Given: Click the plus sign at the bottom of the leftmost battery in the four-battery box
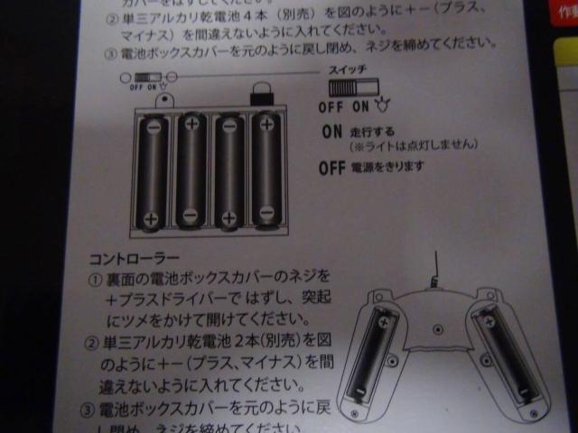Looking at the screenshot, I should point(151,219).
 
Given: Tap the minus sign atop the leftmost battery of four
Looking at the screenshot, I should point(154,126).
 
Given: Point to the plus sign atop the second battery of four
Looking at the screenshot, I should point(191,123).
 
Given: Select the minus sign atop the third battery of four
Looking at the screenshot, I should point(228,124).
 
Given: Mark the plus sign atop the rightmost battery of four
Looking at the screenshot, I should point(266,123).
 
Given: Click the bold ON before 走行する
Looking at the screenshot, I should point(331,131).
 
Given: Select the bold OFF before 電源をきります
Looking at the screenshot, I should point(333,167).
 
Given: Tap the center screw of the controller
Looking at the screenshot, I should point(438,327).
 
